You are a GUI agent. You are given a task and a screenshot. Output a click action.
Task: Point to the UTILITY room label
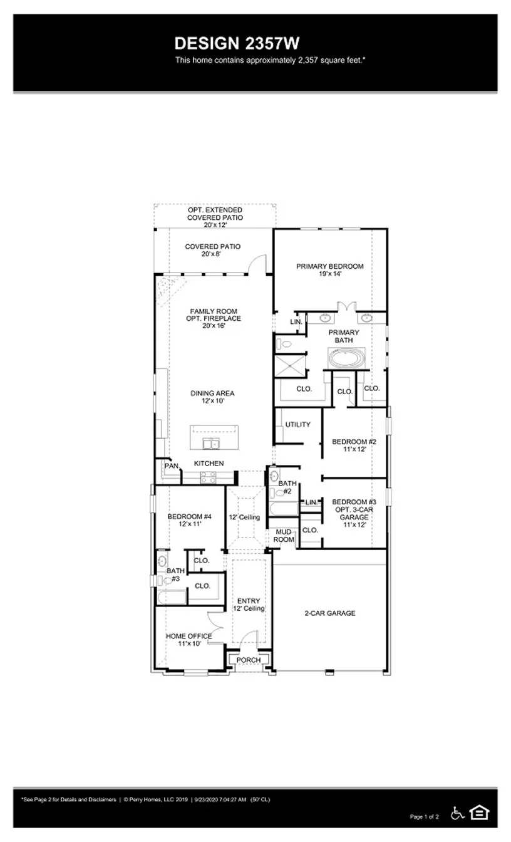pos(297,425)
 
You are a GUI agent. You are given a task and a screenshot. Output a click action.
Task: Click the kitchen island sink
pos(210,444)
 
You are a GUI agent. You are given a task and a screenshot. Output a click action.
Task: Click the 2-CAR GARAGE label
pos(329,613)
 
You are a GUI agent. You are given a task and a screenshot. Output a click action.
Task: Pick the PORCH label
pos(249,660)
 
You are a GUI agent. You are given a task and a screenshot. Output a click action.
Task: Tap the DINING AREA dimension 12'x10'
pos(212,401)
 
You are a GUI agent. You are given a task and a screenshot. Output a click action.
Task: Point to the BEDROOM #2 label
pos(353,445)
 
